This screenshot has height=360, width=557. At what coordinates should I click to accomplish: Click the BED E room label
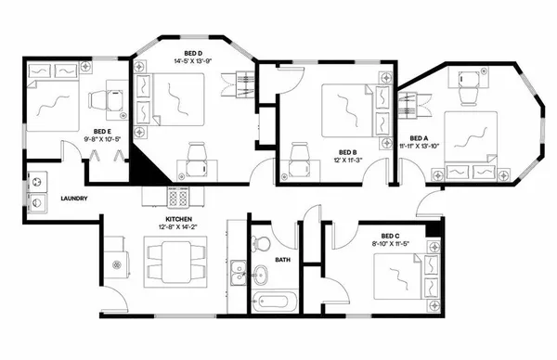[x=103, y=131]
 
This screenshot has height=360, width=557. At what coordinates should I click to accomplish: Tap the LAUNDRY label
[x=73, y=199]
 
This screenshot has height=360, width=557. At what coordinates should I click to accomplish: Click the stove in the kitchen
[x=178, y=197]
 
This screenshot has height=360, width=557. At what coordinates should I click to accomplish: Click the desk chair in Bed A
[x=466, y=84]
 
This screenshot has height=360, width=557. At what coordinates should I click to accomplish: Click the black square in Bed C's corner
[x=433, y=229]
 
